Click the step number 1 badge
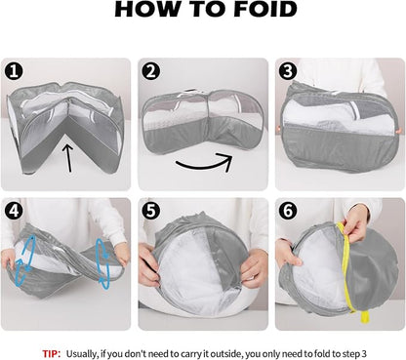(x=14, y=71)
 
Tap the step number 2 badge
(x=151, y=71)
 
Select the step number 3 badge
(x=288, y=71)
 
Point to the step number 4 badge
(x=14, y=211)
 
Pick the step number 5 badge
(x=151, y=211)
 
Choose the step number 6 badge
(x=288, y=211)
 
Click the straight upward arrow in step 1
(x=68, y=158)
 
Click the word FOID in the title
(x=265, y=9)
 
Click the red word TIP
(x=52, y=353)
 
